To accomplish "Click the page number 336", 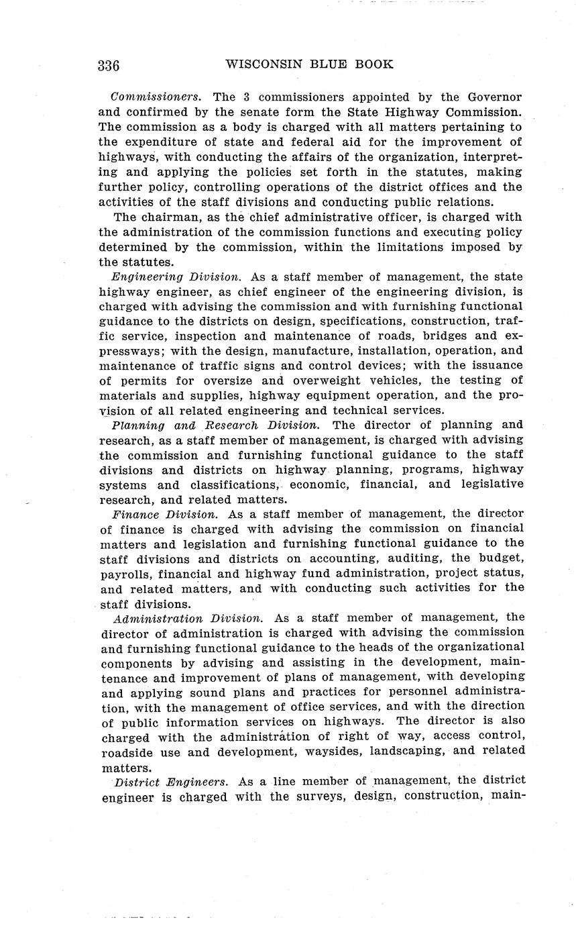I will pyautogui.click(x=109, y=66).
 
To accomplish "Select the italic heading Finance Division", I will pyautogui.click(x=164, y=514).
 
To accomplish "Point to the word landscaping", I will pyautogui.click(x=401, y=750).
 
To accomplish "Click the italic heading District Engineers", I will pyautogui.click(x=172, y=781).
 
